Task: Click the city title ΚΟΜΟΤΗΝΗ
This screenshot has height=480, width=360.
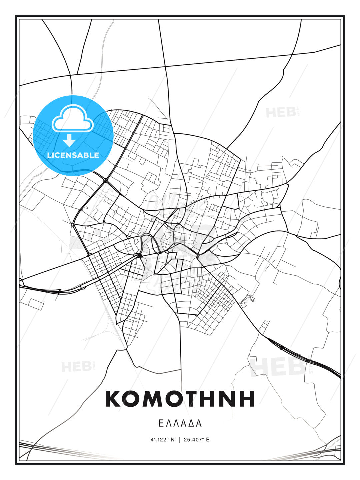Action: pyautogui.click(x=180, y=399)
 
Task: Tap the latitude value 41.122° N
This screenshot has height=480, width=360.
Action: pyautogui.click(x=162, y=440)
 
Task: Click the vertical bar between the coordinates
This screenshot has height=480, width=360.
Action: pyautogui.click(x=180, y=440)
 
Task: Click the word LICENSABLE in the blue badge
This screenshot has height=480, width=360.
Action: pyautogui.click(x=73, y=155)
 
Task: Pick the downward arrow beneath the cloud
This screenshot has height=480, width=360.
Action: pyautogui.click(x=69, y=140)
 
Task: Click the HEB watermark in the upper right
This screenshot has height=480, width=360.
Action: pyautogui.click(x=281, y=113)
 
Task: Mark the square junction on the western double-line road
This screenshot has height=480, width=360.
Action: pyautogui.click(x=72, y=225)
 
